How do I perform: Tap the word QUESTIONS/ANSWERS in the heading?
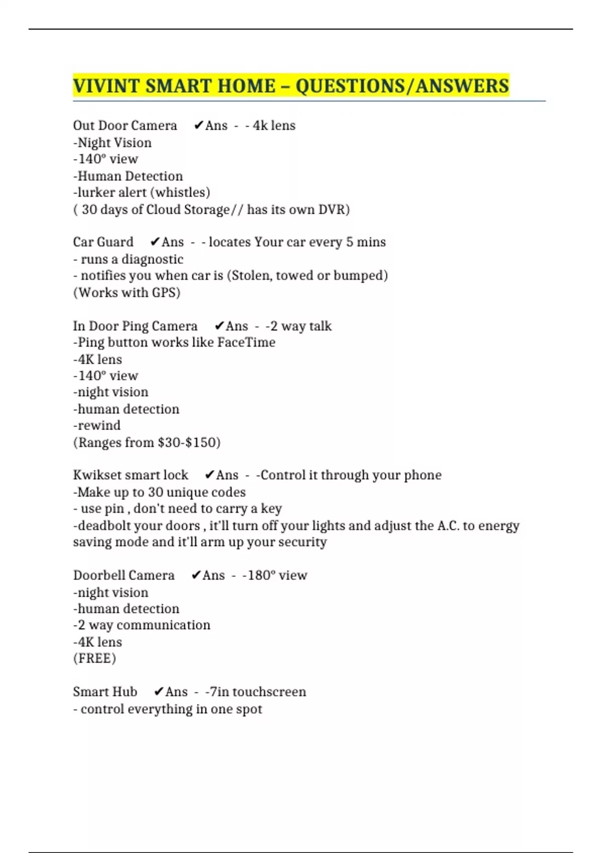click(x=402, y=86)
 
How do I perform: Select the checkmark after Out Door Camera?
click(x=198, y=125)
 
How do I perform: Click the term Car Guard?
click(x=103, y=242)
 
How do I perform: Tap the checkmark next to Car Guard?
click(x=155, y=242)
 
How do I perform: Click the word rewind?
click(x=99, y=425)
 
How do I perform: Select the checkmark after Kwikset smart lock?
click(x=210, y=475)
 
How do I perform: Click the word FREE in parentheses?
click(x=94, y=658)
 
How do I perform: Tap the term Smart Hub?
click(x=105, y=692)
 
